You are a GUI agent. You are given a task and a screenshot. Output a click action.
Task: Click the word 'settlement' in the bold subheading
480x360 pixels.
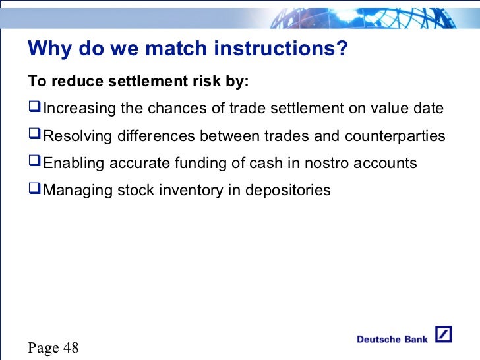pyautogui.click(x=144, y=82)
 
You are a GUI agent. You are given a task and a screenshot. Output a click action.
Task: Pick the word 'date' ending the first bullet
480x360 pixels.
pyautogui.click(x=429, y=109)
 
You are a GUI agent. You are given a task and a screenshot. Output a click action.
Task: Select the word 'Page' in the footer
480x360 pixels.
pyautogui.click(x=44, y=347)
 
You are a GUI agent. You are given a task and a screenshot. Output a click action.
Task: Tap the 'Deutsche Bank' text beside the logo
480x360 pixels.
pyautogui.click(x=392, y=340)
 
